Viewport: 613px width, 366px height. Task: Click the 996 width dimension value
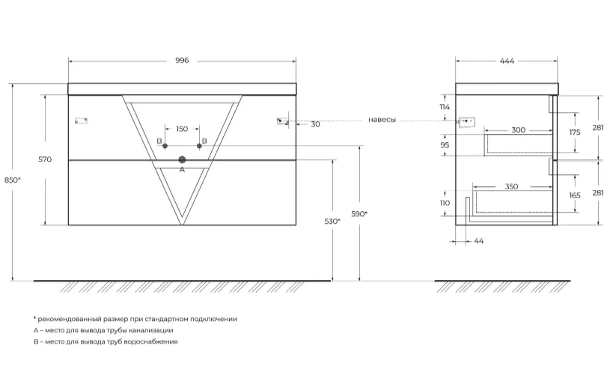point(182,61)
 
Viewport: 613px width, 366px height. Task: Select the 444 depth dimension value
point(507,61)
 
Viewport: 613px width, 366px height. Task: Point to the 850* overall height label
point(13,180)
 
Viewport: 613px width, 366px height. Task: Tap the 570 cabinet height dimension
point(45,159)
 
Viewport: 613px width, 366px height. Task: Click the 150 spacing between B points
point(182,129)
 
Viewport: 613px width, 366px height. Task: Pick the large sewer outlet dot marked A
point(182,159)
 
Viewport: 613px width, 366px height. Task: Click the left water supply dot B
point(165,146)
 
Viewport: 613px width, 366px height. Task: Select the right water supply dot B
point(199,146)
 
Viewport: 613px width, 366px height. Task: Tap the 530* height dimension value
point(332,222)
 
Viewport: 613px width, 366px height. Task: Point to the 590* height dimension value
point(359,214)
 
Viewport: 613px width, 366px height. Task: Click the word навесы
point(382,120)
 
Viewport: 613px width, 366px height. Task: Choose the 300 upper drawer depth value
point(519,129)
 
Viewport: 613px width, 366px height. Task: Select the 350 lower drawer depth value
point(511,186)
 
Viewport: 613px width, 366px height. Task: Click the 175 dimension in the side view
point(575,132)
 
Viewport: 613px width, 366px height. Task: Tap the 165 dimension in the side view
point(575,195)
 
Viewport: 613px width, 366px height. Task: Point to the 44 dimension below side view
point(479,241)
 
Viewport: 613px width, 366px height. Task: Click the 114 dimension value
point(445,107)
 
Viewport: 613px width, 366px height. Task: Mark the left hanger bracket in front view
point(81,121)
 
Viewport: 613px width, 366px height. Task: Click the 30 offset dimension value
point(316,124)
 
